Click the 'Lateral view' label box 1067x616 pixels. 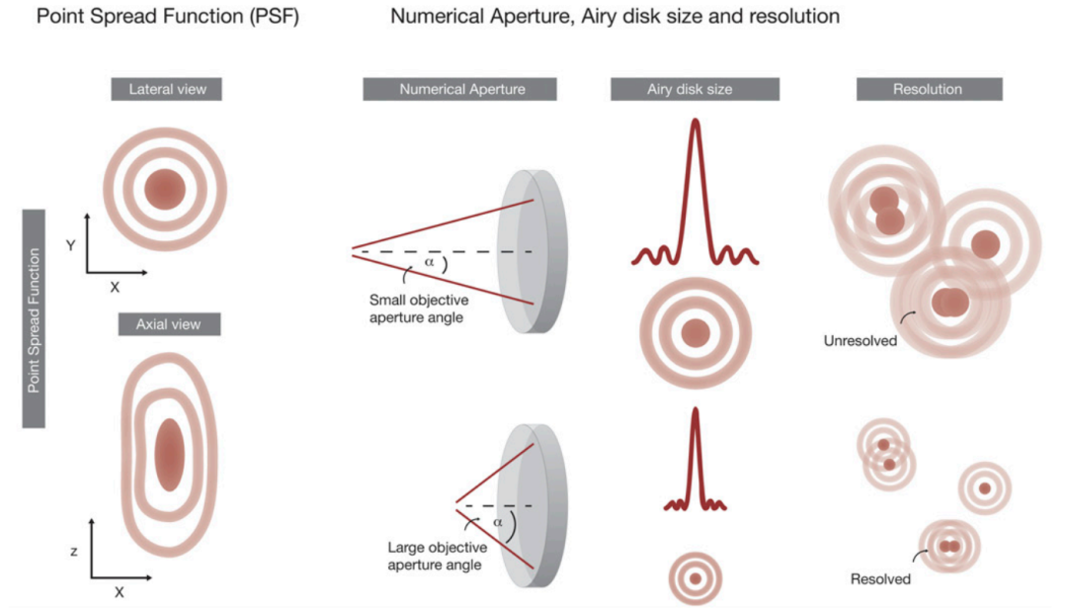click(x=166, y=89)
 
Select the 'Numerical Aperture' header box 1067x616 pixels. click(x=461, y=89)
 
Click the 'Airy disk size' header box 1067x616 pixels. click(x=694, y=89)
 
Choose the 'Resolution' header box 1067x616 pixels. click(x=928, y=89)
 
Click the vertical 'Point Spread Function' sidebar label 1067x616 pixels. click(x=35, y=318)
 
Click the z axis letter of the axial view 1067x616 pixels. click(x=74, y=551)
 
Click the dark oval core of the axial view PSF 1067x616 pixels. click(x=169, y=455)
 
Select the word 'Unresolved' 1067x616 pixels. click(x=860, y=341)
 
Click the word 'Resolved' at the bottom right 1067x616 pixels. click(x=880, y=578)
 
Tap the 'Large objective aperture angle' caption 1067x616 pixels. click(x=436, y=557)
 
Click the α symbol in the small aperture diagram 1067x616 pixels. click(x=429, y=263)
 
